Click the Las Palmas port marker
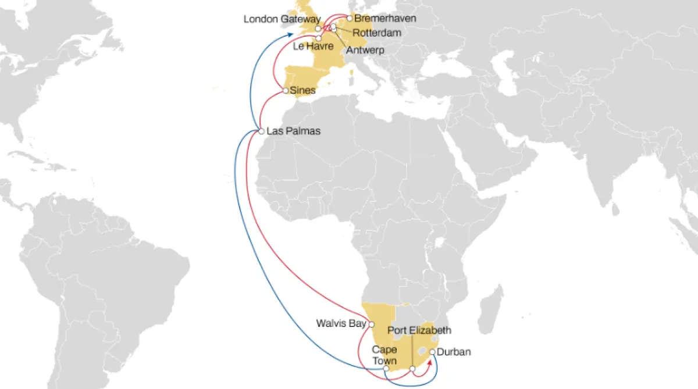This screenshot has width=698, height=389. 262,131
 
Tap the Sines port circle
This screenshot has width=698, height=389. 285,91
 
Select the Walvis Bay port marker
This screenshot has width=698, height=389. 372,324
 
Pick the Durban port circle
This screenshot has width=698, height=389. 432,352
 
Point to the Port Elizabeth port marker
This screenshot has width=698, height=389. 412,369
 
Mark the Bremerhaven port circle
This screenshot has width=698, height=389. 349,18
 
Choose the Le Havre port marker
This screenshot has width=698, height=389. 319,38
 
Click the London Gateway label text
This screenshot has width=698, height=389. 278,19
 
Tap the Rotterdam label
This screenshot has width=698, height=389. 376,33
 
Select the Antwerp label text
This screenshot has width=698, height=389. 365,51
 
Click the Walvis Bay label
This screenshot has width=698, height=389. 341,323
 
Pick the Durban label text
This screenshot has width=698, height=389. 454,352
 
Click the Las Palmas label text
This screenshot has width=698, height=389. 294,131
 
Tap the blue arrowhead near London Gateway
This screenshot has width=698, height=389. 290,36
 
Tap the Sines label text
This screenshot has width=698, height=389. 303,90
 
